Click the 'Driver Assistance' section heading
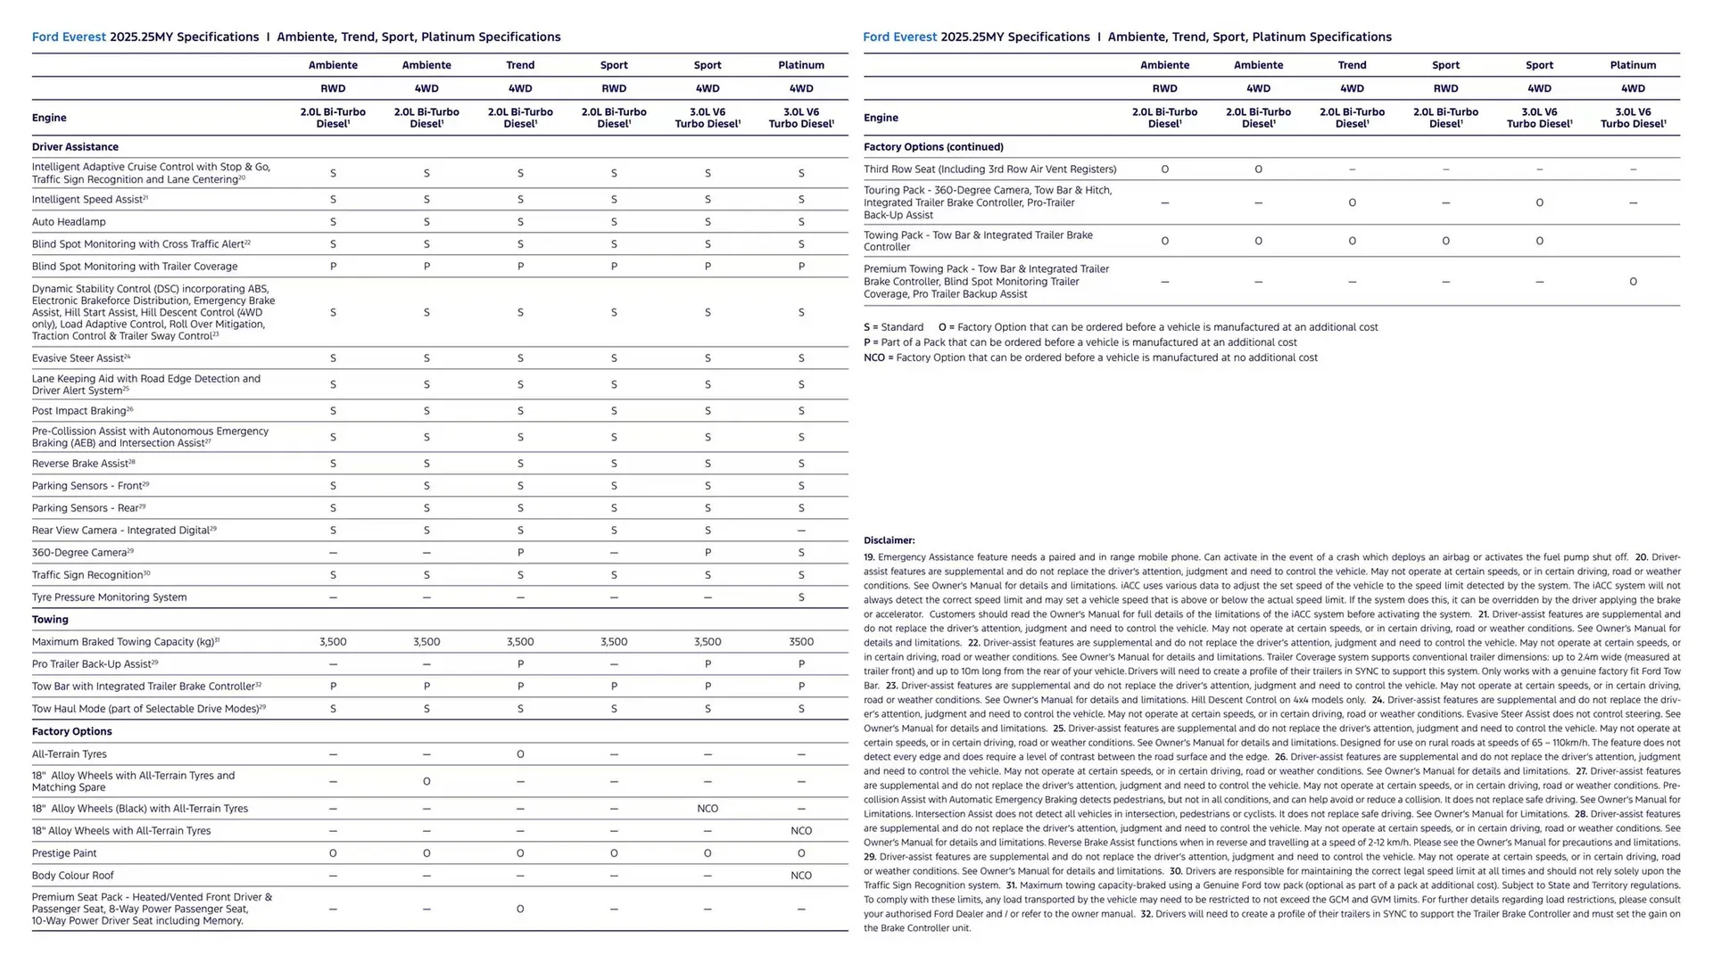[75, 147]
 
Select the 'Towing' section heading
[50, 620]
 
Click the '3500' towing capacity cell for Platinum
[800, 642]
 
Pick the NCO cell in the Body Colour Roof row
[800, 876]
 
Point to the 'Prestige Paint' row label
[64, 853]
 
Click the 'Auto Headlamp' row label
[69, 222]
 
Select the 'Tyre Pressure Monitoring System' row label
[109, 597]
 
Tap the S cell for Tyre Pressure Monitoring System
[800, 597]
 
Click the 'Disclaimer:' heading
[889, 540]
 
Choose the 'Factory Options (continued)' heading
[933, 147]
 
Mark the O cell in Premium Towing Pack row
[1633, 282]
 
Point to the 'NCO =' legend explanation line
[1090, 358]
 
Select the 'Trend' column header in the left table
[520, 65]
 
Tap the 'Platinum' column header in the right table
[1633, 65]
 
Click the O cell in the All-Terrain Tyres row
[520, 754]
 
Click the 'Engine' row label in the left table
[49, 118]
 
